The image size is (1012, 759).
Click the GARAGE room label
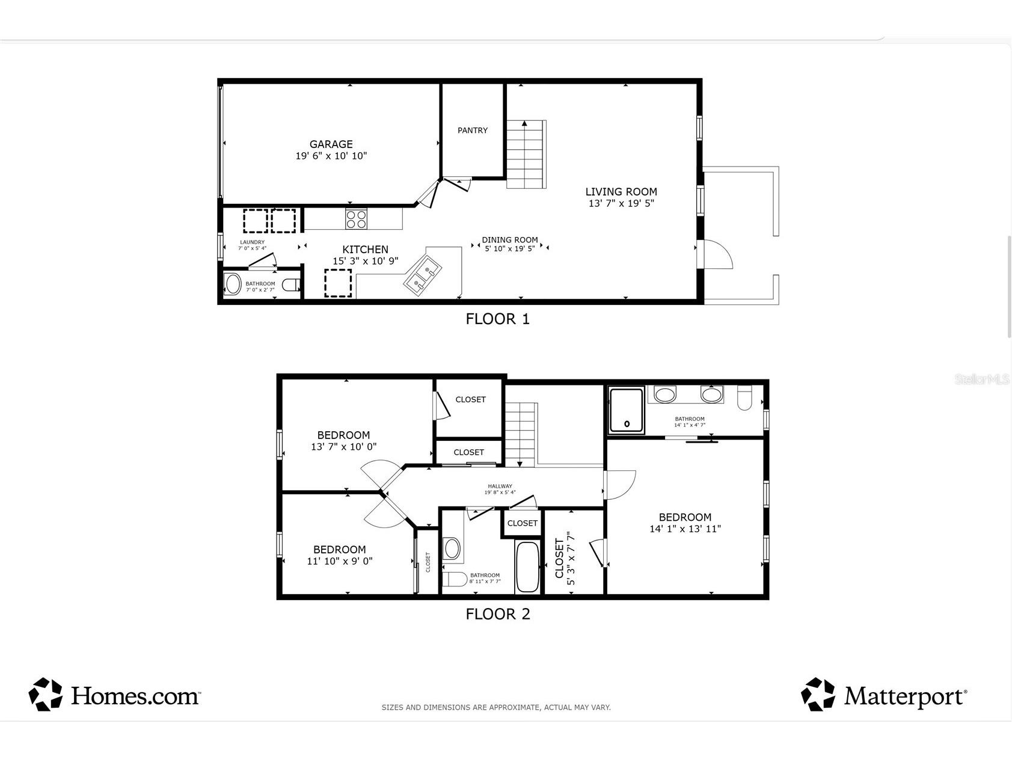click(331, 144)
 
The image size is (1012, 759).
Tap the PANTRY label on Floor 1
click(473, 131)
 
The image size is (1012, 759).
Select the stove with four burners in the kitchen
click(356, 218)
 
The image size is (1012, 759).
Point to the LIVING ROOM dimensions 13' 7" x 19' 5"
click(621, 203)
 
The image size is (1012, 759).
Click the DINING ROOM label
click(509, 240)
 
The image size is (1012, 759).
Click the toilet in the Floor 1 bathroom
click(292, 285)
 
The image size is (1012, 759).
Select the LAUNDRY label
click(252, 242)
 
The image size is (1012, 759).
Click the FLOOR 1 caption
click(497, 319)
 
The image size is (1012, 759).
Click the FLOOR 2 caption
click(498, 614)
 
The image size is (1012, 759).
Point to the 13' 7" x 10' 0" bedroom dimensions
click(343, 447)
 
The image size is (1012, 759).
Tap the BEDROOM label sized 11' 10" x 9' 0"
click(339, 550)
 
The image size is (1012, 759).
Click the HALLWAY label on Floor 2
click(500, 486)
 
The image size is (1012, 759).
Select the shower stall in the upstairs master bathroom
click(627, 410)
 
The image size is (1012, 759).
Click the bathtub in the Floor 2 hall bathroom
click(528, 567)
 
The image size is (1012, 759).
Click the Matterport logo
click(884, 695)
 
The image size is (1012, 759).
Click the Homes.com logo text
click(135, 696)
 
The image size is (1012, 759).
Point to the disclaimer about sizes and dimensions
click(496, 707)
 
